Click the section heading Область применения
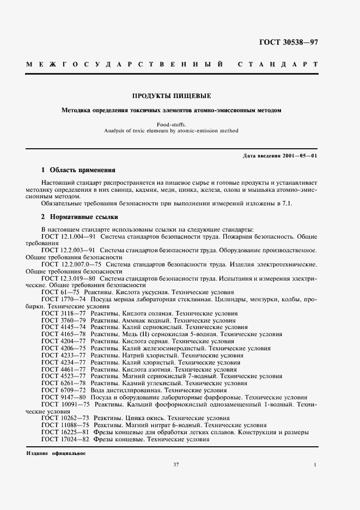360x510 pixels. point(82,170)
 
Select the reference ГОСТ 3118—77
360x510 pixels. point(64,314)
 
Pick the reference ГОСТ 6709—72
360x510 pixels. point(64,390)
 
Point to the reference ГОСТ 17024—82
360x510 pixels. point(65,439)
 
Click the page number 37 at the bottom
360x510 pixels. point(176,464)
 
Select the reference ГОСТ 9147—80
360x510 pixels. point(64,397)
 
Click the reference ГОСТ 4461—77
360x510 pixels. point(64,369)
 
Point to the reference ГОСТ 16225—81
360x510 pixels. point(65,432)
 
